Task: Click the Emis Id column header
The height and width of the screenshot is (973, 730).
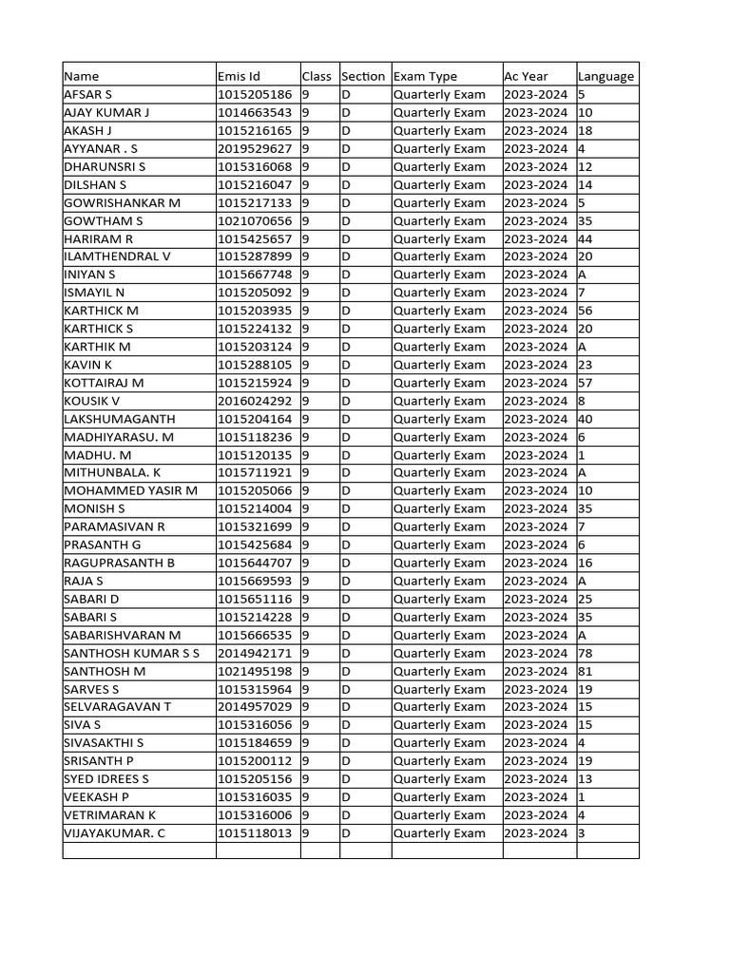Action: coord(239,76)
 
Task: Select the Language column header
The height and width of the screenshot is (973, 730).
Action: coord(605,76)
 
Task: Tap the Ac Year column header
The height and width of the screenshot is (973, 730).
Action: coord(526,76)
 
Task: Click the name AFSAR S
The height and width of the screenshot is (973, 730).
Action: coord(87,94)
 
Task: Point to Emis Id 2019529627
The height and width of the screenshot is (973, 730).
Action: coord(255,148)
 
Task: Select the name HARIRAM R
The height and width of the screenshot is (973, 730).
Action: coord(98,238)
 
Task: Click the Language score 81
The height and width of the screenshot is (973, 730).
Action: coord(586,671)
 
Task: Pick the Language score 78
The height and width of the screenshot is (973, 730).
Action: coord(586,653)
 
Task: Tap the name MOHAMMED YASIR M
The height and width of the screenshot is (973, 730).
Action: coord(130,490)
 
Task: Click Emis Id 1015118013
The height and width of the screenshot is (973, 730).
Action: coord(255,833)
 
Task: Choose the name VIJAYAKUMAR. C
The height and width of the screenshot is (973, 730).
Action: coord(114,833)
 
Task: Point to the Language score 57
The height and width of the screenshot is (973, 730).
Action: coord(586,383)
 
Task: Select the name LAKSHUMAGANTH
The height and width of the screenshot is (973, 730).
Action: coord(120,419)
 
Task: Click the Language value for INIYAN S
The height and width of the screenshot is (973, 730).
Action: coord(582,275)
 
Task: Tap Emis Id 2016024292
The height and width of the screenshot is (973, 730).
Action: coord(255,401)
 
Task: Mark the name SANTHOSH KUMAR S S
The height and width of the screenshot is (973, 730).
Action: coord(131,653)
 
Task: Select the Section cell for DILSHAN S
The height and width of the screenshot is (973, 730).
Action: coord(347,184)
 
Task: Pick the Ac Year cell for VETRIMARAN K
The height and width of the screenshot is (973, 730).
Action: coord(535,815)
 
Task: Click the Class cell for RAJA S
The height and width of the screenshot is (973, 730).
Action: coord(306,581)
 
